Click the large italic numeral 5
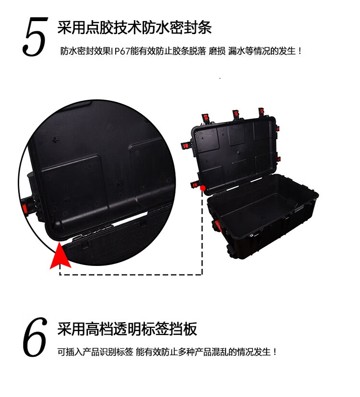pyautogui.click(x=35, y=36)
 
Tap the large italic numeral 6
pyautogui.click(x=35, y=337)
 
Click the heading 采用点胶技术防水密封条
pyautogui.click(x=134, y=27)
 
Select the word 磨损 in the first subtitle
pyautogui.click(x=217, y=51)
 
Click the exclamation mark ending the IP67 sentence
pyautogui.click(x=300, y=51)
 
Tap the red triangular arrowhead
pyautogui.click(x=60, y=256)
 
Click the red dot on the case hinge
pyautogui.click(x=203, y=188)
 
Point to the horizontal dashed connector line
pyautogui.click(x=131, y=274)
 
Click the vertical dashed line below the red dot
pyautogui.click(x=202, y=232)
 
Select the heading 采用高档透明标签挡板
pyautogui.click(x=127, y=329)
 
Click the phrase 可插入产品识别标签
pyautogui.click(x=95, y=352)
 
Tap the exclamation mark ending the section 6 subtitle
pyautogui.click(x=275, y=352)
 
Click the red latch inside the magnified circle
pyautogui.click(x=24, y=209)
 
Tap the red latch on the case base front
pyautogui.click(x=218, y=226)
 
